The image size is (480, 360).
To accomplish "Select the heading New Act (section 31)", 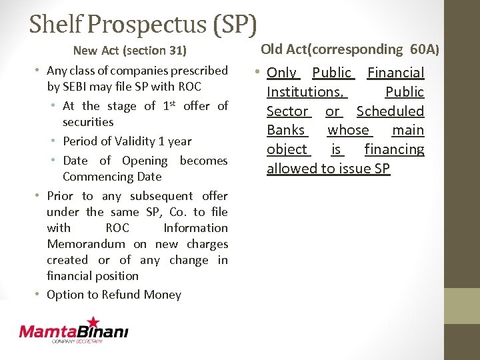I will click(x=129, y=50).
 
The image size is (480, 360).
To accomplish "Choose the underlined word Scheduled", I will click(x=390, y=111).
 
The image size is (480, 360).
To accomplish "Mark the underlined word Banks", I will click(x=286, y=130).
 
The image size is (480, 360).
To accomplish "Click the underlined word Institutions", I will click(x=305, y=92).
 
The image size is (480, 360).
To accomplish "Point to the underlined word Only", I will click(x=282, y=73).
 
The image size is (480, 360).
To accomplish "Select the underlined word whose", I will click(x=348, y=130).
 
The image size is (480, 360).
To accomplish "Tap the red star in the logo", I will click(x=92, y=323).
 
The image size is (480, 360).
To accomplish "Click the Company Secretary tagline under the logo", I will click(x=78, y=341).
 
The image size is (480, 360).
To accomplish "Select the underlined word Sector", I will click(x=288, y=111).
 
